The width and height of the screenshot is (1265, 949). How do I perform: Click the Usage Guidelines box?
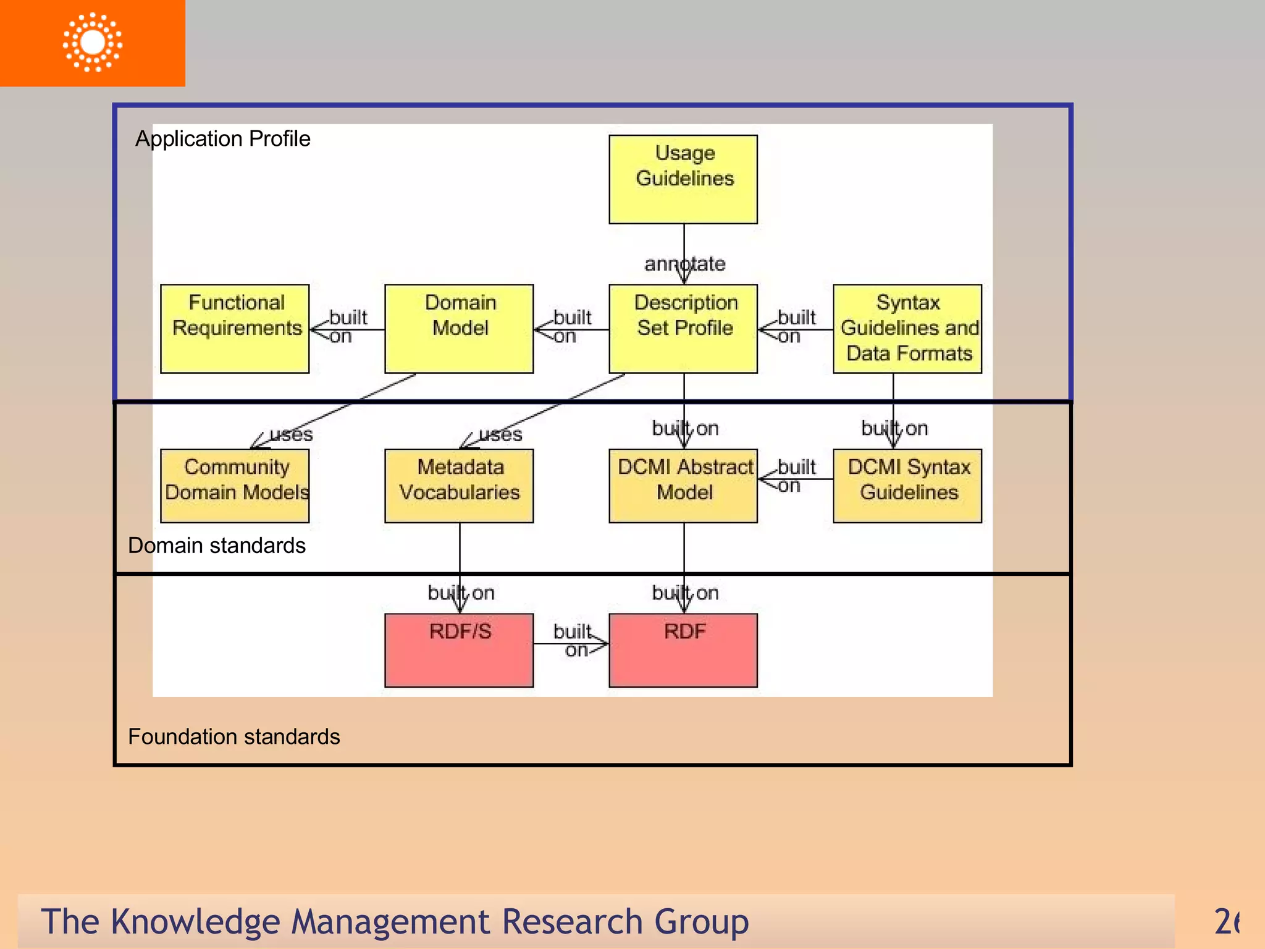[x=683, y=179]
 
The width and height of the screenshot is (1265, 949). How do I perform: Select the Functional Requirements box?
[x=235, y=329]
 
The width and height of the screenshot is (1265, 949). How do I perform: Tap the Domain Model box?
[x=459, y=329]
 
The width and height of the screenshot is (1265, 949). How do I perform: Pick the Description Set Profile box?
[x=683, y=329]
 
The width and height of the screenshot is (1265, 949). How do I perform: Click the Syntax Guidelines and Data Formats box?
[x=907, y=329]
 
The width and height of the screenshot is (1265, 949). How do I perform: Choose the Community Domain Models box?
[x=235, y=486]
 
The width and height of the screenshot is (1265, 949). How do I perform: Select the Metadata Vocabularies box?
[x=459, y=486]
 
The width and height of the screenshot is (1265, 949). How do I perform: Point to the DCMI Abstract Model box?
[x=683, y=486]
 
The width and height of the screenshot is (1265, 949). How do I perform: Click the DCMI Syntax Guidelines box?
[x=907, y=486]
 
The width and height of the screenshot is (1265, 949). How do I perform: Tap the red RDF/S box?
[x=459, y=650]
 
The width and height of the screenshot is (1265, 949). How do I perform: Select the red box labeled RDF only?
[x=683, y=650]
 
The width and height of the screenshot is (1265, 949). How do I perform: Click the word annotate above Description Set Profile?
[x=684, y=264]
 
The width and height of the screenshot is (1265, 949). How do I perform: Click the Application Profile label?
[x=222, y=138]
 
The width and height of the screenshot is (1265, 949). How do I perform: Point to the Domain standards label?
[x=216, y=546]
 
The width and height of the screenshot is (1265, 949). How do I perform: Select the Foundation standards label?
[x=233, y=736]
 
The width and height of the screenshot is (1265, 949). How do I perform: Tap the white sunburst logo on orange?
[x=93, y=42]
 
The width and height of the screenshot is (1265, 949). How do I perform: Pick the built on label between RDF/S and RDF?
[x=573, y=641]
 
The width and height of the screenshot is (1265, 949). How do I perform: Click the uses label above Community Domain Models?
[x=291, y=434]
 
